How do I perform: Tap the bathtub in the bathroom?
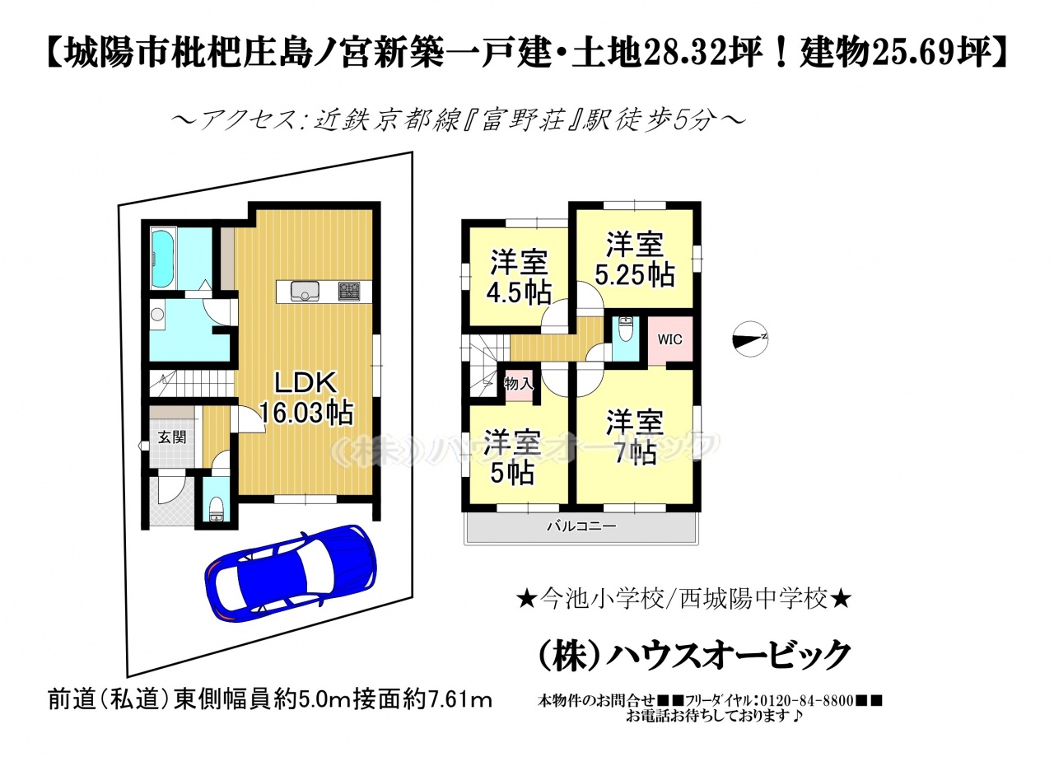point(163,259)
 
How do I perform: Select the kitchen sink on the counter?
point(305,291)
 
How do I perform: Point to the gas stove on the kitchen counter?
point(349,291)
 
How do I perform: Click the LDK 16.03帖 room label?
point(305,398)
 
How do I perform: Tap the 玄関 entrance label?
point(172,437)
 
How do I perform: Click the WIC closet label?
point(669,339)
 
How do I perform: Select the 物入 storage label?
point(519,384)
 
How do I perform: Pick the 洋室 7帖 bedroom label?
point(635,437)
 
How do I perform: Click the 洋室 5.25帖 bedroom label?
point(635,259)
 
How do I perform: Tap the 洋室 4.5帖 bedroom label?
point(519,278)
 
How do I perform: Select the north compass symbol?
point(750,339)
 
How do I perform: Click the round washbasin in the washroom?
point(157,315)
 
